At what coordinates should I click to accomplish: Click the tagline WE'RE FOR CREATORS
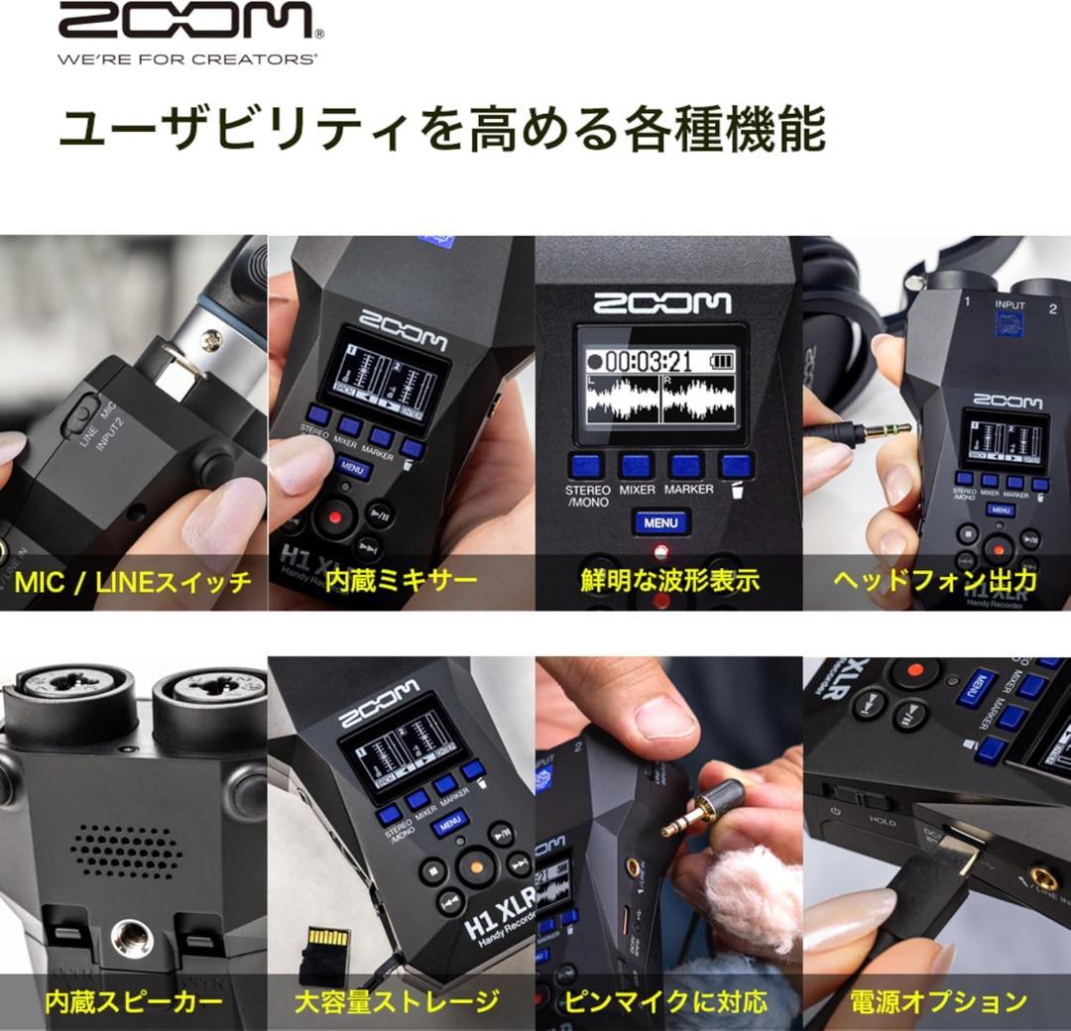pyautogui.click(x=186, y=59)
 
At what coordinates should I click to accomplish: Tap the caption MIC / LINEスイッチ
pyautogui.click(x=133, y=581)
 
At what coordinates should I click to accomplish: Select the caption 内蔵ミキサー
pyautogui.click(x=401, y=581)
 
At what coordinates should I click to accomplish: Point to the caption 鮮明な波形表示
pyautogui.click(x=669, y=581)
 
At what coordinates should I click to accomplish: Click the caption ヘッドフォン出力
pyautogui.click(x=935, y=581)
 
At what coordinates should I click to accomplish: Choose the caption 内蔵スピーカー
pyautogui.click(x=133, y=1002)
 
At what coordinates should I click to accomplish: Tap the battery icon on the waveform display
pyautogui.click(x=722, y=359)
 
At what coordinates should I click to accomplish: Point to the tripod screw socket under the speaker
pyautogui.click(x=132, y=936)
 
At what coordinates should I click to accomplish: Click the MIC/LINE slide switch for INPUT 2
pyautogui.click(x=75, y=415)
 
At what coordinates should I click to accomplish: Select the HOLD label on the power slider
pyautogui.click(x=882, y=822)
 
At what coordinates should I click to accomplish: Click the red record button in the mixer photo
pyautogui.click(x=335, y=515)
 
